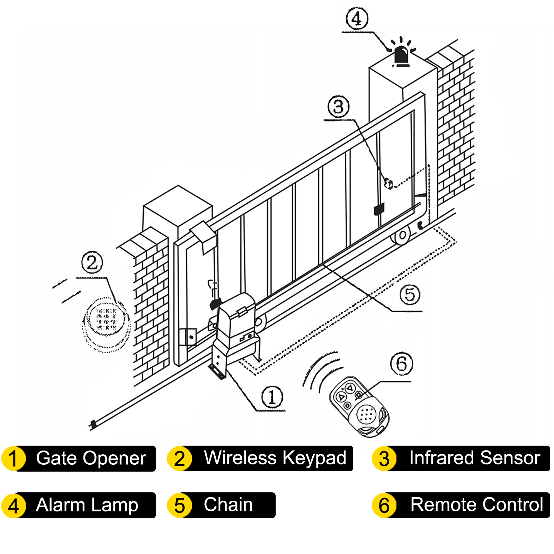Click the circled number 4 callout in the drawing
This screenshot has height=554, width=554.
point(357,19)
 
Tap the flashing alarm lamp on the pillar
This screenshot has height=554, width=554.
point(401,55)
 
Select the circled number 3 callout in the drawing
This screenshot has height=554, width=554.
point(338,107)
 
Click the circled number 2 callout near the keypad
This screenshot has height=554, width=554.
point(92,262)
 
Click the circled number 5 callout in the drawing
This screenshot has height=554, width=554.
point(410,295)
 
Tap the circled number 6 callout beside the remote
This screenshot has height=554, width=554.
point(401,364)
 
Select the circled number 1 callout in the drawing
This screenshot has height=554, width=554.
point(272,397)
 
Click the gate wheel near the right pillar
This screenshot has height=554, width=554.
point(402,236)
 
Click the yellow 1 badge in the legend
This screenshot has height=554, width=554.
point(14,458)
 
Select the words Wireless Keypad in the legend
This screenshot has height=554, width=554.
point(275,458)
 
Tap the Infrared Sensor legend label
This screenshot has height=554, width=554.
point(474,458)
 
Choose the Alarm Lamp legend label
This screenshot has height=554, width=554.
point(87,505)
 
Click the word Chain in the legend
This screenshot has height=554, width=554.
point(228,504)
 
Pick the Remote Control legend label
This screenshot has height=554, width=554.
point(476,504)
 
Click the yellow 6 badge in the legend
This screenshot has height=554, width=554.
point(384,505)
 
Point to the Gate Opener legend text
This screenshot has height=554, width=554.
point(91,458)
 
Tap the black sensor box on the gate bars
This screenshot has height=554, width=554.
point(379,209)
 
